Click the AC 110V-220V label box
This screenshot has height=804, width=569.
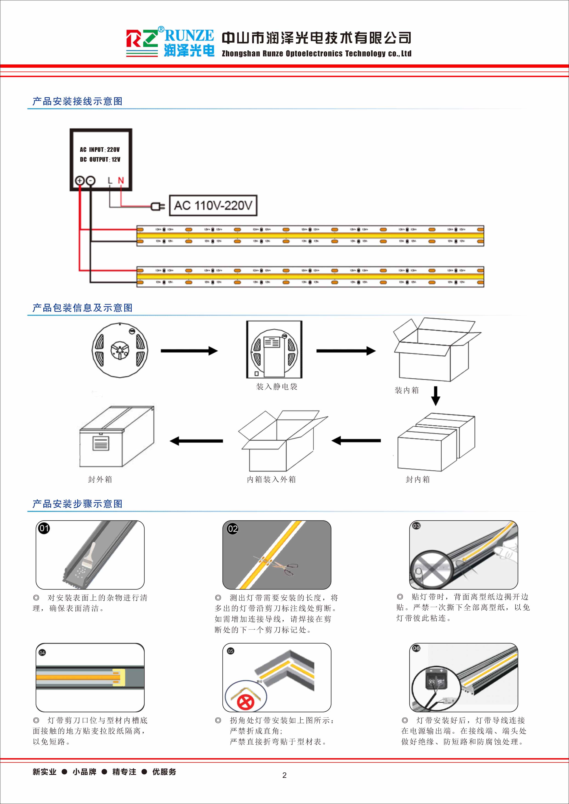pyautogui.click(x=213, y=206)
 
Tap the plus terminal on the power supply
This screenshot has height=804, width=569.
pyautogui.click(x=80, y=181)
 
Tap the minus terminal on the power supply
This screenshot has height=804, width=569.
pyautogui.click(x=90, y=181)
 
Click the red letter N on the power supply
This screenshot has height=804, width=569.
pyautogui.click(x=121, y=180)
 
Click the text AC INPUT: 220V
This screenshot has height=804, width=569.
pyautogui.click(x=100, y=149)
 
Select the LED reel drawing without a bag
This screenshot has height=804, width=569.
pyautogui.click(x=120, y=350)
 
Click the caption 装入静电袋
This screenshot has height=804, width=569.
pyautogui.click(x=276, y=387)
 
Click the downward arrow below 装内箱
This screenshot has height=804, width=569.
pyautogui.click(x=435, y=396)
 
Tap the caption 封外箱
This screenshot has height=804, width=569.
pyautogui.click(x=100, y=479)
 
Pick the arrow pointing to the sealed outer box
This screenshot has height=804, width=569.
pyautogui.click(x=196, y=441)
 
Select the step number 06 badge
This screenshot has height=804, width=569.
pyautogui.click(x=416, y=648)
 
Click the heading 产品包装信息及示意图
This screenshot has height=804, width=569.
pyautogui.click(x=82, y=308)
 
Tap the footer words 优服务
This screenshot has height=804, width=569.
pyautogui.click(x=164, y=771)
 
